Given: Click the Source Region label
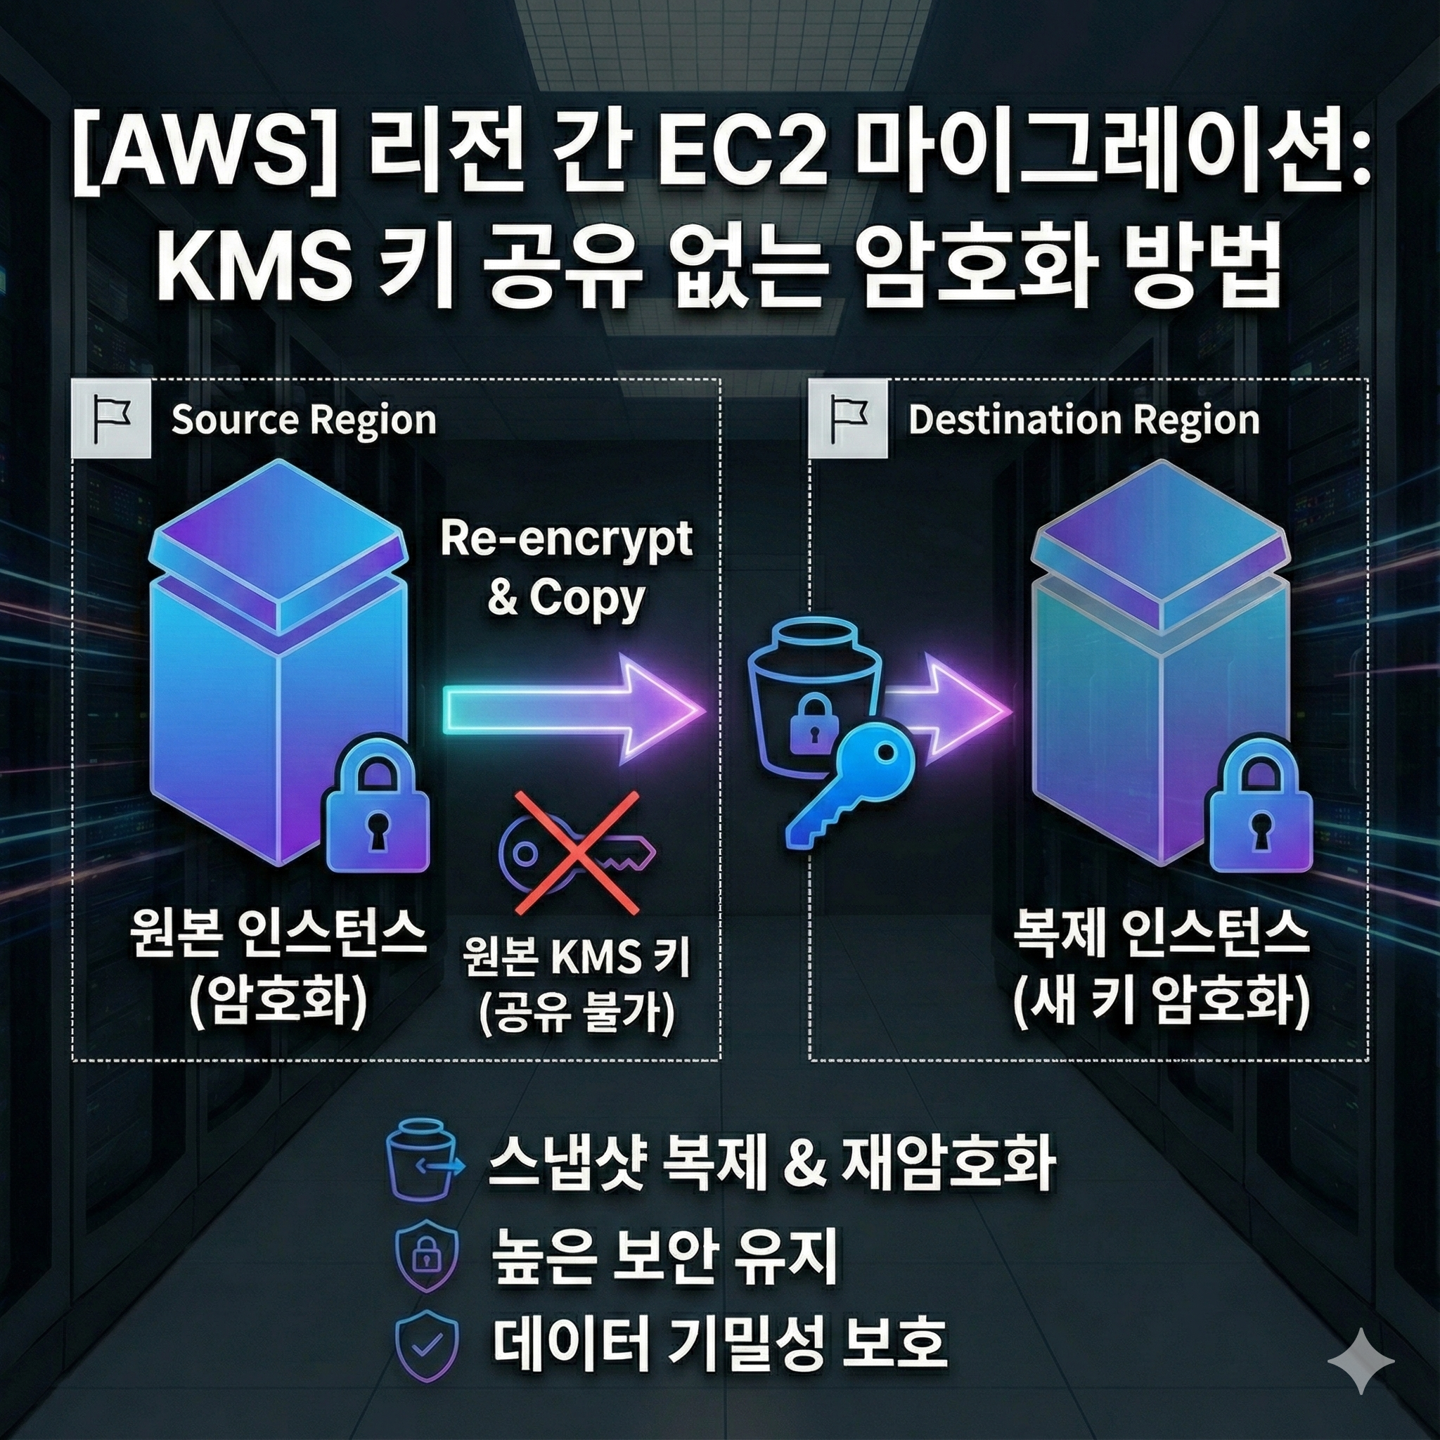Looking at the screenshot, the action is [x=303, y=420].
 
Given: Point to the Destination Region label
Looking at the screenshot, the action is [x=1084, y=420].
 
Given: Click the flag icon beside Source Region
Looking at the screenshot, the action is [x=112, y=418].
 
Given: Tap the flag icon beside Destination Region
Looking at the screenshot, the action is [x=849, y=418].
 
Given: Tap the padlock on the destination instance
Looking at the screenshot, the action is [x=1259, y=816].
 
